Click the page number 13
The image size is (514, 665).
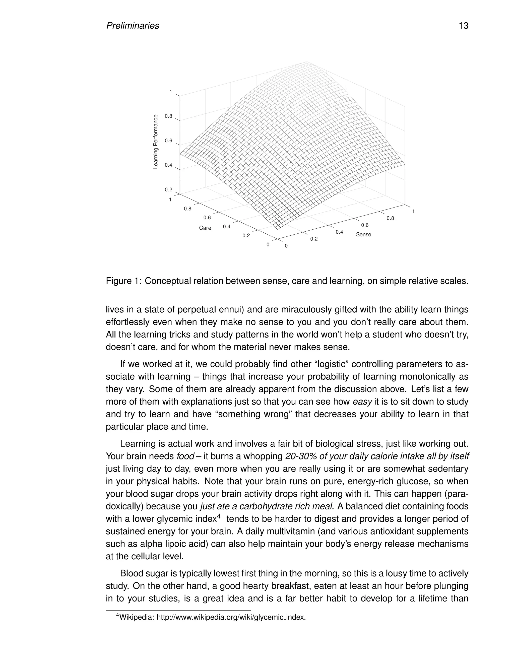click(x=463, y=26)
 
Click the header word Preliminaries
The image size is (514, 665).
click(x=133, y=26)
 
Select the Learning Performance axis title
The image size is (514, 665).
click(x=156, y=142)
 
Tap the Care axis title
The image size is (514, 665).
click(x=205, y=228)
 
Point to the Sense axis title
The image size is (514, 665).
click(x=363, y=234)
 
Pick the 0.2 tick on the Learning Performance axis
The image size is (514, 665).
click(x=168, y=190)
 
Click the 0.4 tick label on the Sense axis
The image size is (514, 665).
click(x=339, y=232)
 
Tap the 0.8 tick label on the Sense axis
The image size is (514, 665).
click(x=390, y=218)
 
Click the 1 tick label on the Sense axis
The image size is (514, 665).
click(x=413, y=211)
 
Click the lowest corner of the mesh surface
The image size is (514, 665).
click(x=277, y=229)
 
